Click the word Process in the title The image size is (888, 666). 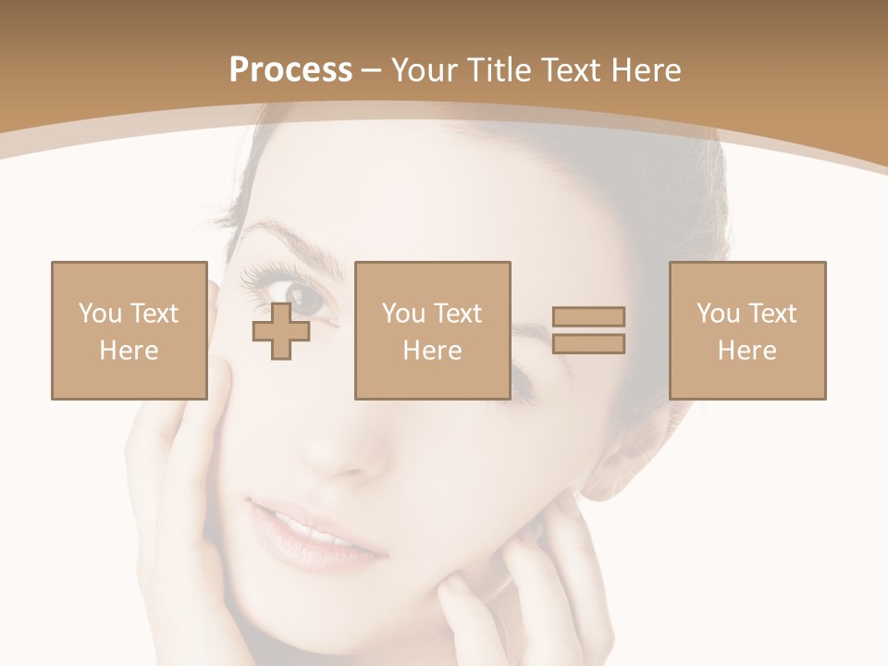click(x=290, y=70)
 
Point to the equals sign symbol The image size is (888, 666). click(x=588, y=330)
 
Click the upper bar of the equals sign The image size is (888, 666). click(x=588, y=316)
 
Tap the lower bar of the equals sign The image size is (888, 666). click(x=588, y=344)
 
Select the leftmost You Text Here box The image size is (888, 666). click(x=129, y=330)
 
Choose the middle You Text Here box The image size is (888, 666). click(x=433, y=330)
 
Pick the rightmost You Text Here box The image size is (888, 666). click(x=747, y=330)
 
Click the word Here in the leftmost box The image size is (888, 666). click(x=129, y=351)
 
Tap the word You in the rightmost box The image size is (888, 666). click(x=718, y=314)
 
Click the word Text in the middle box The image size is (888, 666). click(x=460, y=314)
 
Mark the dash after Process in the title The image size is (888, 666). click(x=372, y=70)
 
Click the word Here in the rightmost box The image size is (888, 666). click(x=747, y=351)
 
